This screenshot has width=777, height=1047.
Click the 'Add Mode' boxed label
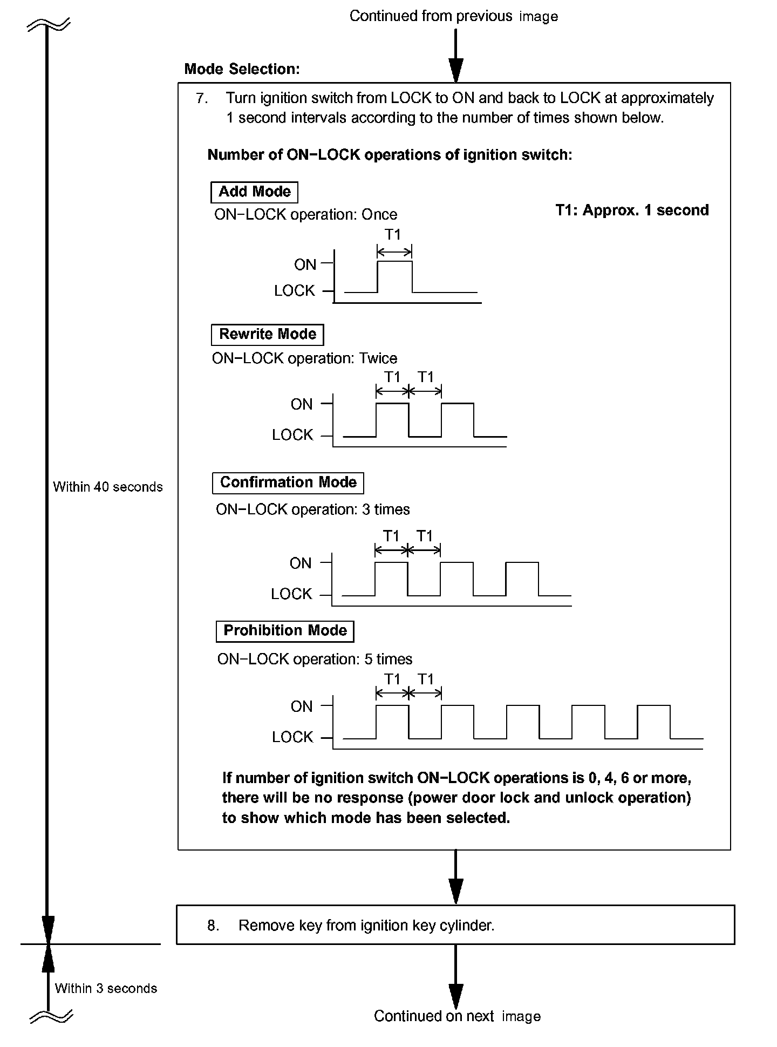coord(254,192)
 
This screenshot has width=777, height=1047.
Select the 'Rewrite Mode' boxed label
coord(267,335)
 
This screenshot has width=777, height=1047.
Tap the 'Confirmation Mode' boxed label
coord(288,482)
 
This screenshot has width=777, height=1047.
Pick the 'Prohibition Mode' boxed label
coord(285,631)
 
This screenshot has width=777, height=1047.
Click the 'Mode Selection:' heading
coord(242,69)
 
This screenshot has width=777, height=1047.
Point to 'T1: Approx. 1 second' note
coord(632,210)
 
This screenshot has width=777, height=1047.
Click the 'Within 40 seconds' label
coord(108,487)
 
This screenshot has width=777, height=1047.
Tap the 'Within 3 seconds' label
coord(106,988)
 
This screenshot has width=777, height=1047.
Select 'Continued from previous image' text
coord(453,16)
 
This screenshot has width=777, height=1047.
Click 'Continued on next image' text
coord(457,1016)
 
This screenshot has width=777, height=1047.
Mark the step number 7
coord(201,98)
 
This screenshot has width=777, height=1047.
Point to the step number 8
coord(213,926)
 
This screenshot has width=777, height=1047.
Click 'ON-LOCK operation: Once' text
coord(305,215)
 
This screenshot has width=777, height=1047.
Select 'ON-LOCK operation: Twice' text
coord(304,358)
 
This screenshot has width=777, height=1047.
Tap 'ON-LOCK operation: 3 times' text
coord(312,509)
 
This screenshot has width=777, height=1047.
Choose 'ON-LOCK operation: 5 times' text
coord(315,659)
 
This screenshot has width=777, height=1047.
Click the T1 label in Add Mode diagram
coord(393,235)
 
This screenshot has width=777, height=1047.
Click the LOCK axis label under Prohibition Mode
coord(292,737)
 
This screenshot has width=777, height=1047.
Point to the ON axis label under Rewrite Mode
coord(302,404)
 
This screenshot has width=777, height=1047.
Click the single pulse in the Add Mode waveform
coord(394,276)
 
